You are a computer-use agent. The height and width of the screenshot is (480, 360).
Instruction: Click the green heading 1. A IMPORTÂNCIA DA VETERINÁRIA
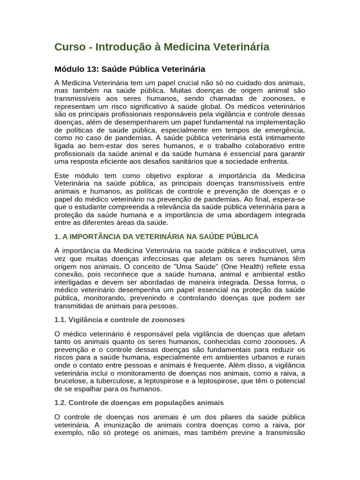point(157,237)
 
